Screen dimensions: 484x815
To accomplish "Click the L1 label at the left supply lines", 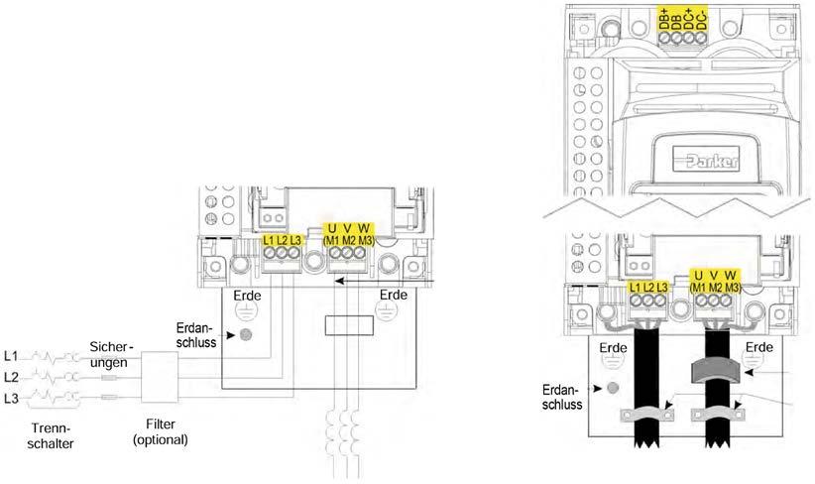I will click(12, 355).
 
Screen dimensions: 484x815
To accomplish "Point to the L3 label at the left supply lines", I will click(12, 398).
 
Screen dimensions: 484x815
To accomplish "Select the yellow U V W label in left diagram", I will click(349, 236).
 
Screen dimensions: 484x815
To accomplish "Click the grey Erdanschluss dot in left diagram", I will click(245, 335).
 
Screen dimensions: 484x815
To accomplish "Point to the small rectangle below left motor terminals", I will click(349, 323).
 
